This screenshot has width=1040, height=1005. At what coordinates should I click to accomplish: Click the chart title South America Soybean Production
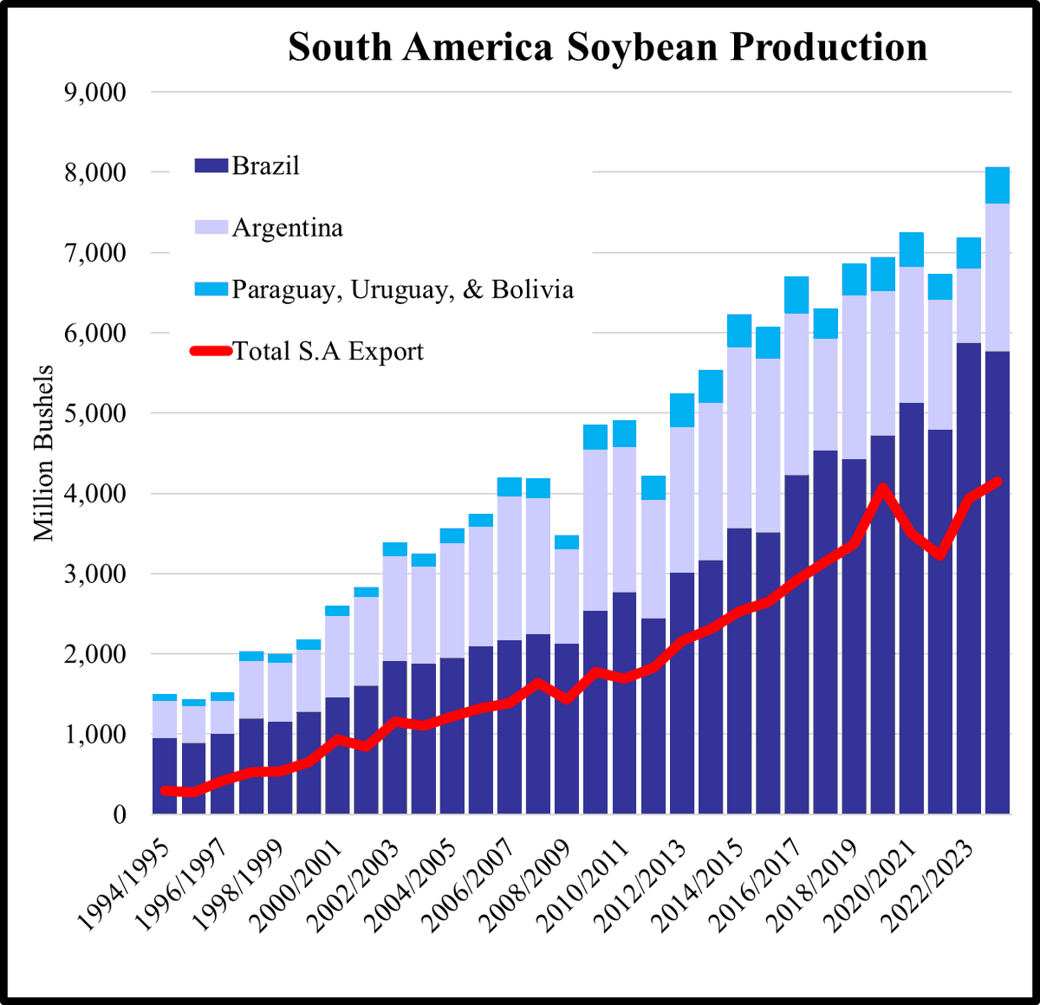[608, 47]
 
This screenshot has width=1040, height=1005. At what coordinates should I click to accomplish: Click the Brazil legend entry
[264, 165]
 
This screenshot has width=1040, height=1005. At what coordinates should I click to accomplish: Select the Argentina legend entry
[286, 228]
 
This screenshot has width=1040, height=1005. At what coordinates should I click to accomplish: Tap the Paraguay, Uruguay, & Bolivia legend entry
[401, 289]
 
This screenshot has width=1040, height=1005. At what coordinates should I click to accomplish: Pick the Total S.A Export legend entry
[327, 352]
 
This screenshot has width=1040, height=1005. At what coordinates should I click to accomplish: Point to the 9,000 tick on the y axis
[95, 92]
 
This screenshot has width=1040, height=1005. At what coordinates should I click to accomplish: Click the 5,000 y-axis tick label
[95, 413]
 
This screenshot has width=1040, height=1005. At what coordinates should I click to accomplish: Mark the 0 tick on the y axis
[119, 814]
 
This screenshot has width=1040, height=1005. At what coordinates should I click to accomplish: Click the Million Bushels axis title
[44, 453]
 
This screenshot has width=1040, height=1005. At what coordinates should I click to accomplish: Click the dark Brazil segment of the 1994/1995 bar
[165, 775]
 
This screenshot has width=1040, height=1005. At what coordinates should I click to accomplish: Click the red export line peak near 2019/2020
[881, 490]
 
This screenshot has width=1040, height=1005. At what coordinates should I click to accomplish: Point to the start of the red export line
[165, 790]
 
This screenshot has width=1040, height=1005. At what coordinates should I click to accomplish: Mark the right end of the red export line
[998, 481]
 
